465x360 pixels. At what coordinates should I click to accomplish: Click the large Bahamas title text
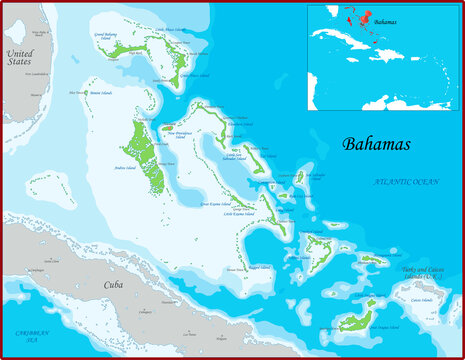pyautogui.click(x=376, y=144)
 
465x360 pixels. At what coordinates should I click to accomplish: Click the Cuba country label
pyautogui.click(x=114, y=285)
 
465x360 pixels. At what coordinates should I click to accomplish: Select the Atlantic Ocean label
pyautogui.click(x=406, y=182)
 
